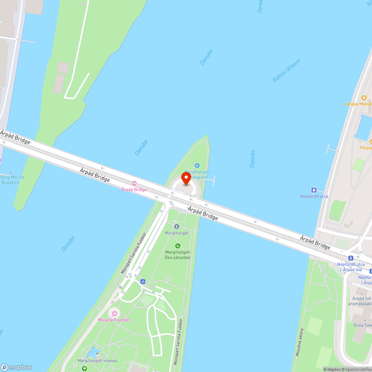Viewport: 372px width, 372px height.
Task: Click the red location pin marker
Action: coord(186,178)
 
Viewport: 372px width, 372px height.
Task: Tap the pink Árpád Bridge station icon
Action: coord(134,183)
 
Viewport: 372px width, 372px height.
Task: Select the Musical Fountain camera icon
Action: coord(114,313)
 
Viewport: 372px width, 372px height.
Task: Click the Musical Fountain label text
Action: coord(115,320)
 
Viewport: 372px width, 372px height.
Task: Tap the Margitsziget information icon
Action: coord(177,226)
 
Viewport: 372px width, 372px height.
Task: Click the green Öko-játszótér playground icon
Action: coord(178,246)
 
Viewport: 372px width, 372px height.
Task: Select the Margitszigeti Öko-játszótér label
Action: coord(178,255)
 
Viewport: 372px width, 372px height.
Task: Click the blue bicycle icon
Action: coord(143,282)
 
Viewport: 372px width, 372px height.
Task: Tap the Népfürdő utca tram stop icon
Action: coord(314,190)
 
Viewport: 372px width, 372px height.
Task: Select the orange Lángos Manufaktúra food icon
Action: coord(364,97)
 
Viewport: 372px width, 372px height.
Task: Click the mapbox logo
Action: coord(16,367)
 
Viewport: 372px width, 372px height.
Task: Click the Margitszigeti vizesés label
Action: coord(97,361)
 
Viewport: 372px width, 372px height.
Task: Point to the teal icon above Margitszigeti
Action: coord(197,166)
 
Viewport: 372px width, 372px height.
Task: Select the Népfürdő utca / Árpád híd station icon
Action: coord(350,258)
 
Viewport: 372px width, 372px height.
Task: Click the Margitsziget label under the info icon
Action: coord(177,233)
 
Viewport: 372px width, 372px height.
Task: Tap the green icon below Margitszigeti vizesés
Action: coord(84,369)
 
